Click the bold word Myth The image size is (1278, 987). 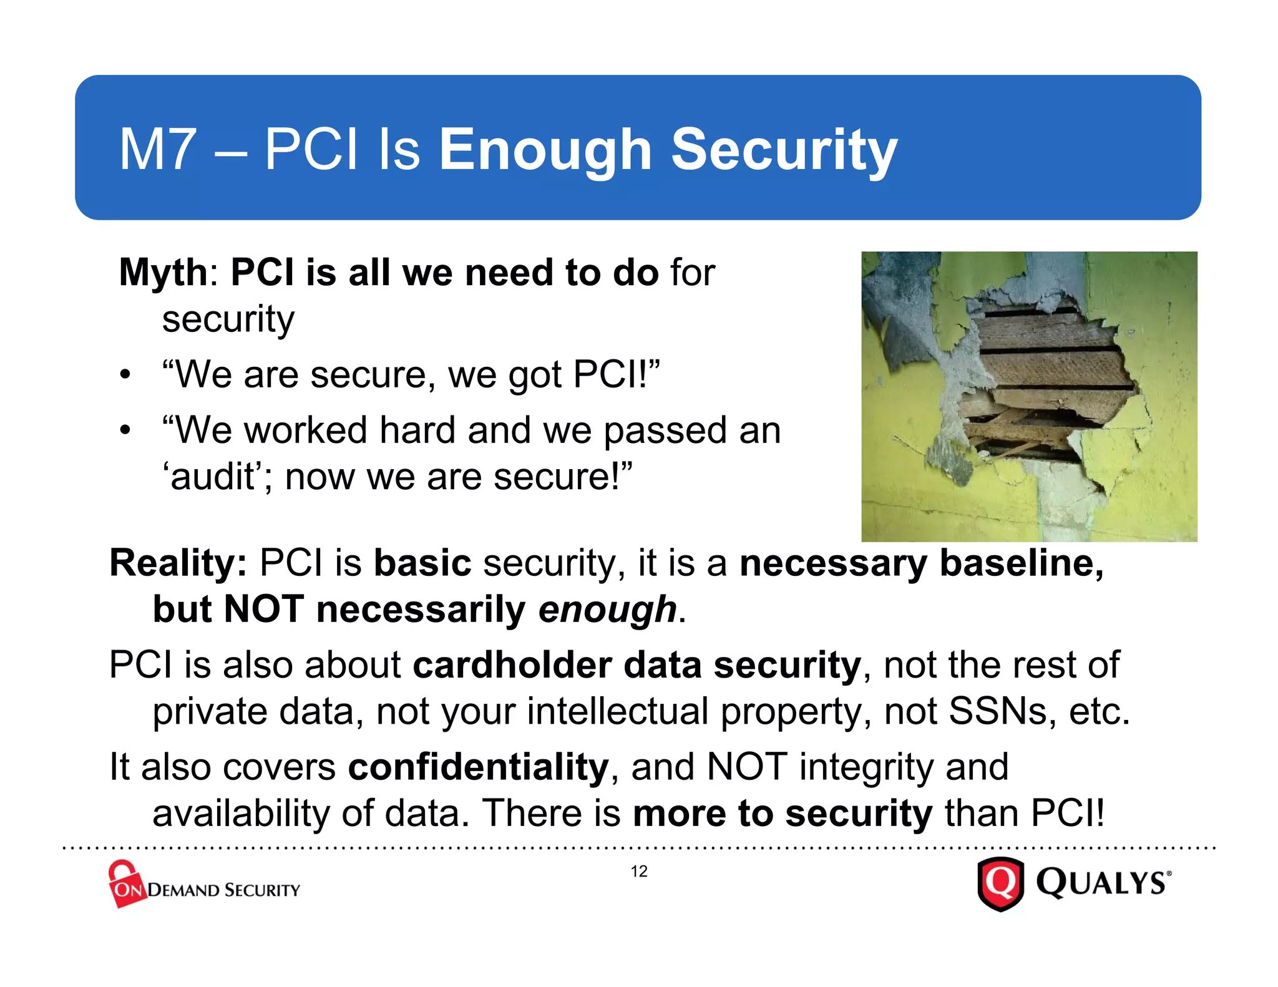[x=163, y=273]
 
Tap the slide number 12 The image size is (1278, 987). [x=639, y=872]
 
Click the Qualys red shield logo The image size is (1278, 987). [x=1000, y=883]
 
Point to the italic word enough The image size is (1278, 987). [x=607, y=610]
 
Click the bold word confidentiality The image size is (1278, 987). [x=478, y=767]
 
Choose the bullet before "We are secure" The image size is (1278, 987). [x=125, y=375]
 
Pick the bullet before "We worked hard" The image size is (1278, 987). [x=125, y=430]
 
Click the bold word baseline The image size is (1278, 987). [x=1021, y=563]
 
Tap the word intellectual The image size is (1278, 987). [x=617, y=711]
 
